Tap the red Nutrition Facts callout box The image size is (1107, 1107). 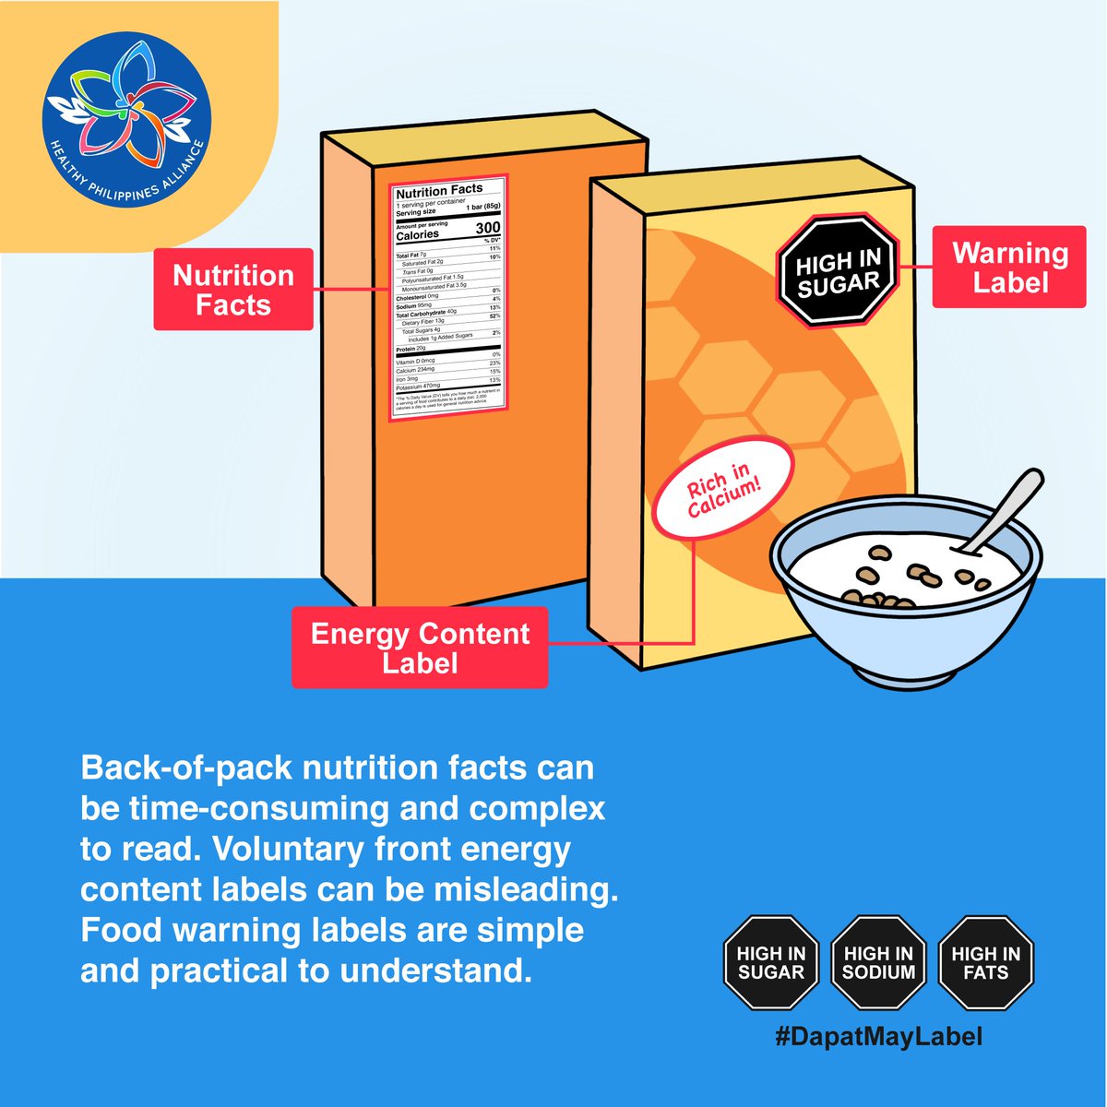click(233, 290)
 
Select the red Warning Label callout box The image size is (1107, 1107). click(1009, 268)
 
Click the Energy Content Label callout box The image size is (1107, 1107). click(420, 648)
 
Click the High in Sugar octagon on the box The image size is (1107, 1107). click(838, 270)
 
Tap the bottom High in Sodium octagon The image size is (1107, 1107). click(878, 962)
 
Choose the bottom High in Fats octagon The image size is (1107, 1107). click(985, 962)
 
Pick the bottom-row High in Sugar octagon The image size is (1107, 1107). click(771, 962)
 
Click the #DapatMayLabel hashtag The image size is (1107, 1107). click(878, 1036)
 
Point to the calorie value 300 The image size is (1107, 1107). click(487, 228)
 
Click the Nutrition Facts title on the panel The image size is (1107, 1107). click(439, 191)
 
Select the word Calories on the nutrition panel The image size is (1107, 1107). click(417, 234)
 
